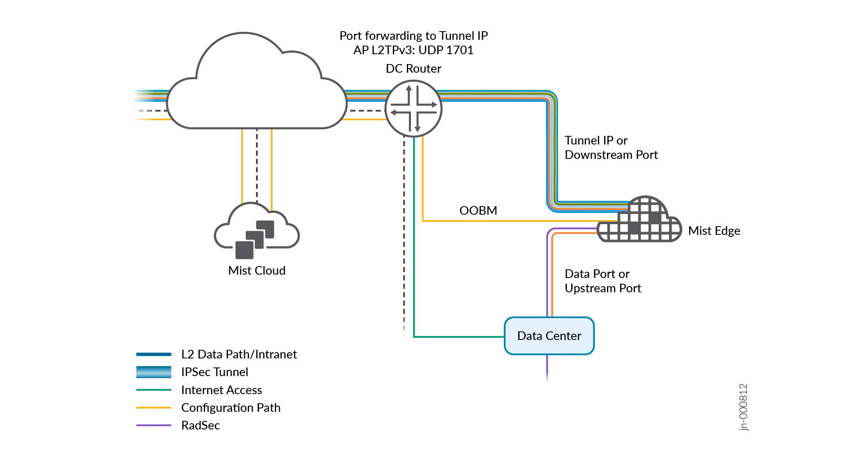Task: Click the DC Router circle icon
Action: pyautogui.click(x=413, y=108)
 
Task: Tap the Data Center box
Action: pyautogui.click(x=549, y=336)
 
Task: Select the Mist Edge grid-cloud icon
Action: pyautogui.click(x=639, y=220)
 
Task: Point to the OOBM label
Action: pyautogui.click(x=478, y=211)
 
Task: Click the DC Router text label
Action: pyautogui.click(x=413, y=69)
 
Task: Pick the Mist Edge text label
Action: pyautogui.click(x=714, y=231)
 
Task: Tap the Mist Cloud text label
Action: pyautogui.click(x=257, y=271)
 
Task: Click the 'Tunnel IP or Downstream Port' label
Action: pyautogui.click(x=611, y=147)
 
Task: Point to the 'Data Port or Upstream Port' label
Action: pyautogui.click(x=602, y=281)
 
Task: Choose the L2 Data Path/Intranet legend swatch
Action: pyautogui.click(x=154, y=354)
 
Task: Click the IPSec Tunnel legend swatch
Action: pyautogui.click(x=154, y=372)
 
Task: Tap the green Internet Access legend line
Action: pyautogui.click(x=154, y=390)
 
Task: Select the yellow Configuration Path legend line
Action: pyautogui.click(x=154, y=408)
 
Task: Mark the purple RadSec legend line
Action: pyautogui.click(x=154, y=425)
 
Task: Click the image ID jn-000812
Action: pyautogui.click(x=743, y=407)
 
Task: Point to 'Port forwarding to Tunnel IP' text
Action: pyautogui.click(x=413, y=36)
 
